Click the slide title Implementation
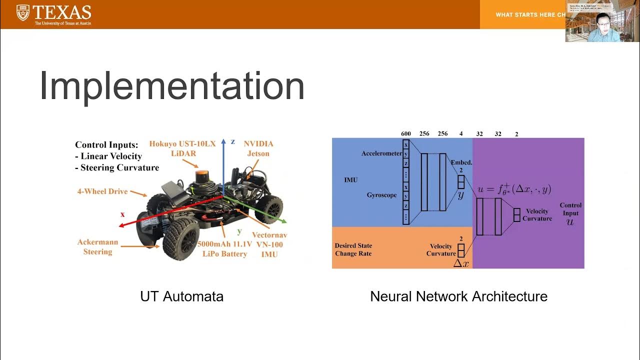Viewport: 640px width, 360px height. tap(172, 86)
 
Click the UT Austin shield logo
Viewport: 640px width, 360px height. tap(23, 12)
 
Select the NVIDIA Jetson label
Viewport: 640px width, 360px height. tap(258, 148)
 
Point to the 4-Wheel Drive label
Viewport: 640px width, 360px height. tap(102, 191)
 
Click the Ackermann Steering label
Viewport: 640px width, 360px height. tap(97, 247)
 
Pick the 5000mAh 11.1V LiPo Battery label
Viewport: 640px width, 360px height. tap(222, 249)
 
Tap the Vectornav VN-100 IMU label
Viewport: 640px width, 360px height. tap(269, 244)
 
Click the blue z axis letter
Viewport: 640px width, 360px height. tap(232, 141)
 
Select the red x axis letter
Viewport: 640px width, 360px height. tap(122, 214)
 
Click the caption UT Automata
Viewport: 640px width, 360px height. tap(181, 296)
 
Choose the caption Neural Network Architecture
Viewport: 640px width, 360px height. tap(458, 296)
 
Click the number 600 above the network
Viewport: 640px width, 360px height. tap(405, 133)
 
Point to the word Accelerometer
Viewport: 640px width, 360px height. tap(381, 153)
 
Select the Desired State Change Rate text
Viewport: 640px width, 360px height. tap(353, 249)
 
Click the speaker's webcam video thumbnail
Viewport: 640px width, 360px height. tap(595, 21)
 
